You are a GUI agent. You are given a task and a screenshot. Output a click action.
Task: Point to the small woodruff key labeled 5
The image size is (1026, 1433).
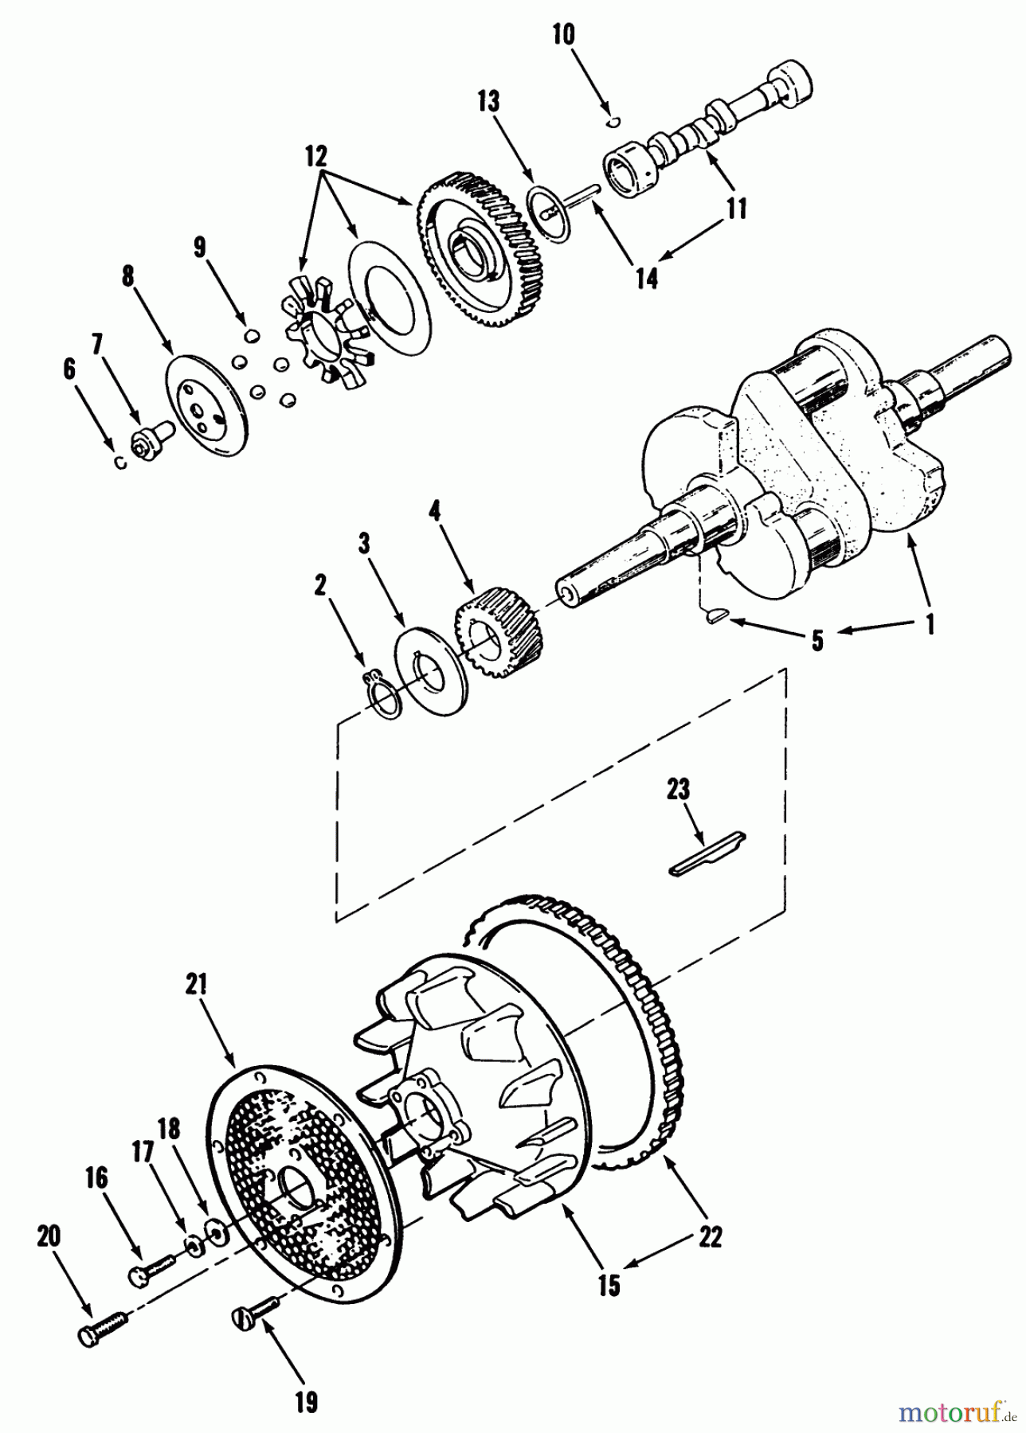coord(715,615)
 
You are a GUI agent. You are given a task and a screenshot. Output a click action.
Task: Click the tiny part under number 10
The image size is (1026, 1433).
coord(613,122)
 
